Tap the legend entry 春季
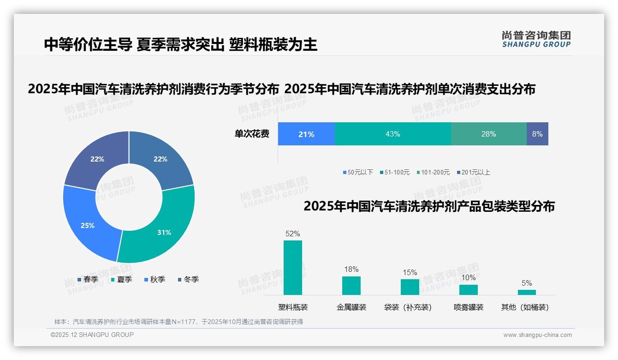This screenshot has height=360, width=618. (88, 280)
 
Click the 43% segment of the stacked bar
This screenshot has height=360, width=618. (392, 134)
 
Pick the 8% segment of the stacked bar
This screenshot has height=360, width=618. (537, 134)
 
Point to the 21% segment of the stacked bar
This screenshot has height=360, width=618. (306, 134)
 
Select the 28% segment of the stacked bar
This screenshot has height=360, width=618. (488, 134)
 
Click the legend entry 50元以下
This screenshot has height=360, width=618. (358, 173)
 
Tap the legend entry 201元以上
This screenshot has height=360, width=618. (474, 173)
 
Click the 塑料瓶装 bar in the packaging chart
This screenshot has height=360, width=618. (293, 267)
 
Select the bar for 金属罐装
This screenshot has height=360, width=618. (351, 285)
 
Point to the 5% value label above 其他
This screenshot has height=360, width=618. (527, 283)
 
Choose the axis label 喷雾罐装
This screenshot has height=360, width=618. (469, 307)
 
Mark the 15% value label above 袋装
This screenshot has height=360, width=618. (410, 273)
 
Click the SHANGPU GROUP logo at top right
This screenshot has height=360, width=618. (536, 39)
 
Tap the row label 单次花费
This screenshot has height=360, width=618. (252, 134)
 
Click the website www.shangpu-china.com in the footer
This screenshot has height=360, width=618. (537, 335)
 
